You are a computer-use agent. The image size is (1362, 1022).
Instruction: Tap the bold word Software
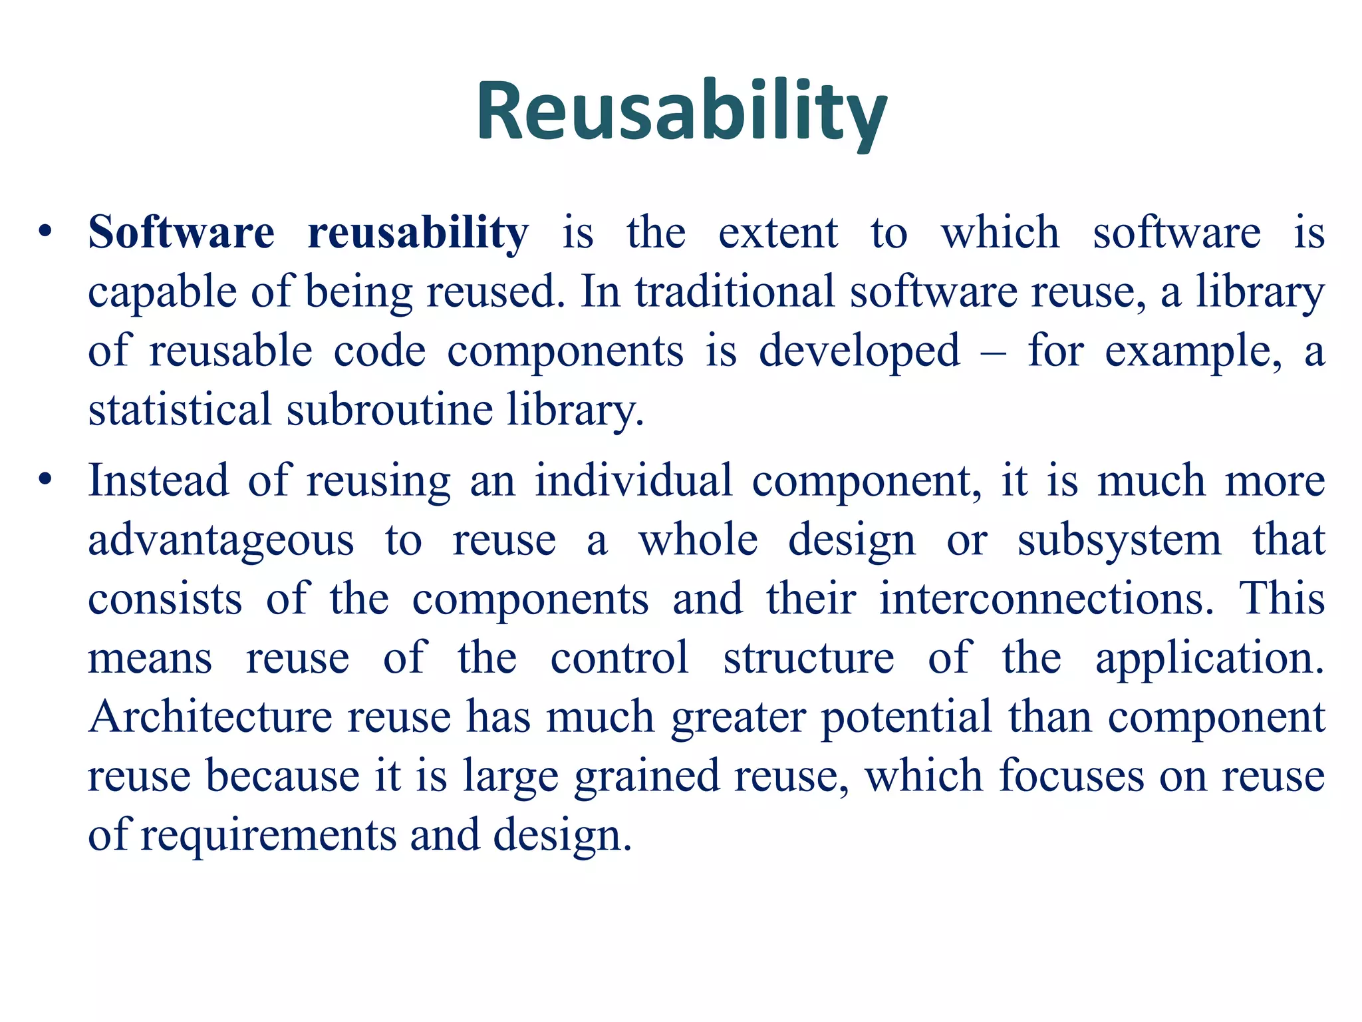[181, 233]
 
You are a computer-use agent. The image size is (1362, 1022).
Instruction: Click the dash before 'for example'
[994, 353]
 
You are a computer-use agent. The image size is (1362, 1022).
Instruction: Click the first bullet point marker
[45, 232]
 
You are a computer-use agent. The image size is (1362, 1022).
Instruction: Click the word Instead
[158, 480]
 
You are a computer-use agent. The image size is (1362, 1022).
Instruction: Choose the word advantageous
[221, 540]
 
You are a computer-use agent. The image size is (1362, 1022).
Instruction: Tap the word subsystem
[1119, 540]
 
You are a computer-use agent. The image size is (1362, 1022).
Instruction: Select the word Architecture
[210, 717]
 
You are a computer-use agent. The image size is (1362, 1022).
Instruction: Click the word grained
[646, 776]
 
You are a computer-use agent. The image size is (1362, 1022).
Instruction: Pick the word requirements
[268, 836]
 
